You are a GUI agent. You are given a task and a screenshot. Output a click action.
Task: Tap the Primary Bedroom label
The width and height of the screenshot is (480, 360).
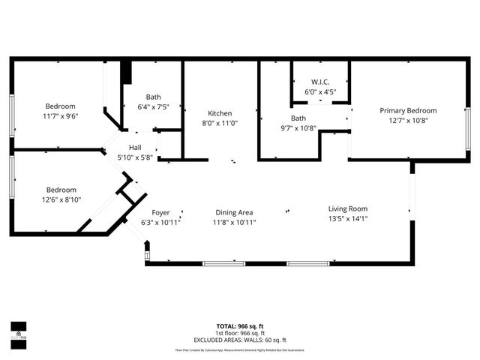[407, 110]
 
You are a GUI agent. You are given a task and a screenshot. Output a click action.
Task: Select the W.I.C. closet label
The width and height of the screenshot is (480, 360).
[319, 82]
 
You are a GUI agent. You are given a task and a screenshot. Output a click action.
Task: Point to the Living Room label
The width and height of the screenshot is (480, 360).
[347, 208]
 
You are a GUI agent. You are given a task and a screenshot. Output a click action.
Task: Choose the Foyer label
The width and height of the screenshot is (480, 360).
[160, 212]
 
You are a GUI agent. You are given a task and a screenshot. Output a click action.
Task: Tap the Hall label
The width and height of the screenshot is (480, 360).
[135, 148]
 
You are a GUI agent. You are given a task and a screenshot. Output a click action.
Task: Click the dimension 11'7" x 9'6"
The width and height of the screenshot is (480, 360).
[61, 116]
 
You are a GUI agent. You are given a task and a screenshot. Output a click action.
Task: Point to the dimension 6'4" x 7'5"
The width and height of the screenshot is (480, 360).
[153, 106]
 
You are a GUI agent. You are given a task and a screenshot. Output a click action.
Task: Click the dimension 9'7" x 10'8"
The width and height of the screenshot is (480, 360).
[298, 128]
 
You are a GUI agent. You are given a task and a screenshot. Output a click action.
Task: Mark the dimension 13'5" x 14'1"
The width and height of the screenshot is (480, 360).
[347, 219]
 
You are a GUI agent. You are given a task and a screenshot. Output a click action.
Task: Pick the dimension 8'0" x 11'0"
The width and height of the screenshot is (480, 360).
[220, 123]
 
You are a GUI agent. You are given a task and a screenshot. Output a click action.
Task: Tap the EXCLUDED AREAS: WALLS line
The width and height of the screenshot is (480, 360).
[239, 339]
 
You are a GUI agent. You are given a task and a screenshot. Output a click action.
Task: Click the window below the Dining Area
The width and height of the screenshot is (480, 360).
[223, 263]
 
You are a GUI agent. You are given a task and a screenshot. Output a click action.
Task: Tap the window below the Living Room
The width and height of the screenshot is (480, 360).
[308, 263]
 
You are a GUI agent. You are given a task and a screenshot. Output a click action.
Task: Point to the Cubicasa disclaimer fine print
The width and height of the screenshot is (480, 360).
[239, 349]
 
